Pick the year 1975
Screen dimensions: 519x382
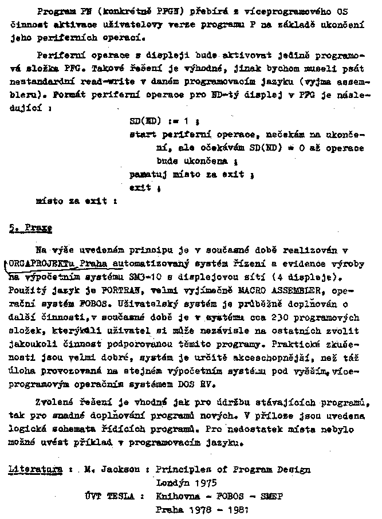pyautogui.click(x=205, y=483)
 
